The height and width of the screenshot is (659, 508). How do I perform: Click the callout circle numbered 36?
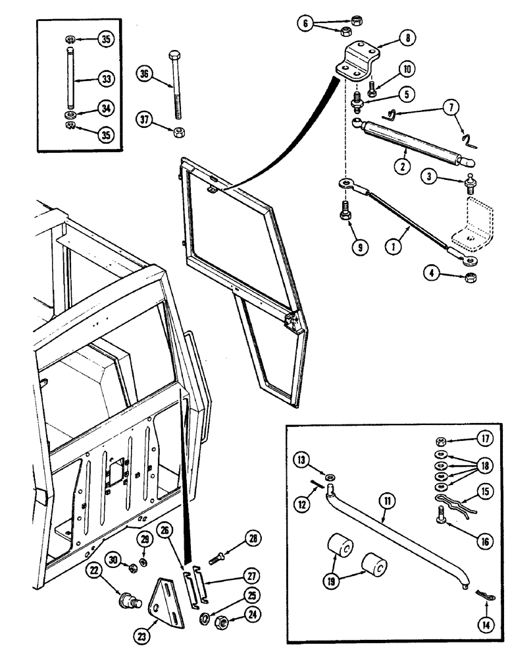143,74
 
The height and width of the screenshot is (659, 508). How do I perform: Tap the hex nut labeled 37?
177,132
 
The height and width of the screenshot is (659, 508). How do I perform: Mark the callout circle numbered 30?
113,561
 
